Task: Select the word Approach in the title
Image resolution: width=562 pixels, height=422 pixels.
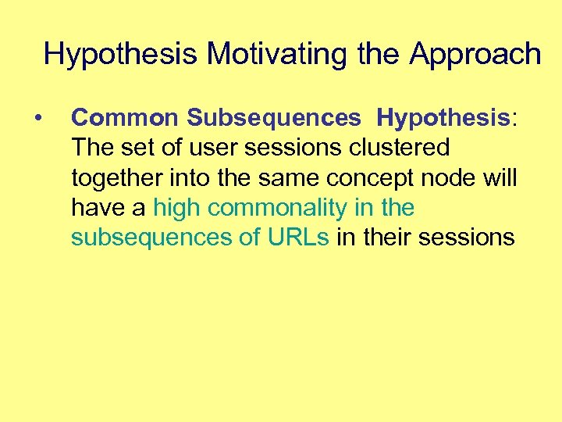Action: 475,54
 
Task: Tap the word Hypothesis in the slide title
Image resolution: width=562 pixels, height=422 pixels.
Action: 121,54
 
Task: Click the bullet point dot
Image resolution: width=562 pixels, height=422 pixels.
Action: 38,118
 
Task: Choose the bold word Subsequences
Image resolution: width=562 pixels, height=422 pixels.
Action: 273,117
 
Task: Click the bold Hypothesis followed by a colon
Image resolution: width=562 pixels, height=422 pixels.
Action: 442,117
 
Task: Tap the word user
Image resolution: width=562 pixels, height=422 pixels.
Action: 217,148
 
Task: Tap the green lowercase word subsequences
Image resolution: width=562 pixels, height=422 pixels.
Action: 147,238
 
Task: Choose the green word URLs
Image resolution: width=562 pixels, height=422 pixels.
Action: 299,238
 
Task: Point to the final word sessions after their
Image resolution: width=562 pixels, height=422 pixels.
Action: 467,238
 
